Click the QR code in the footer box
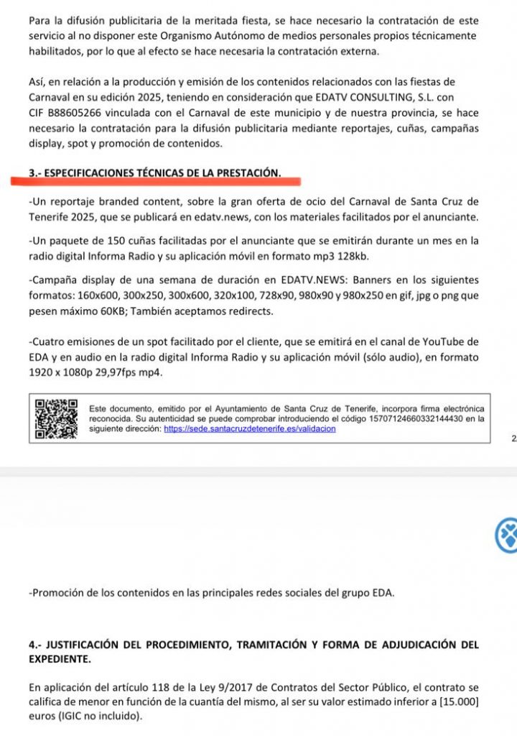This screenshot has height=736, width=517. click(56, 419)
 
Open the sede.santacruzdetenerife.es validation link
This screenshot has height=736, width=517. click(249, 428)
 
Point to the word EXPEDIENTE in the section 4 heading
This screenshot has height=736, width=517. click(60, 658)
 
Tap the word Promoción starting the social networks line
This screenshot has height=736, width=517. click(60, 593)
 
